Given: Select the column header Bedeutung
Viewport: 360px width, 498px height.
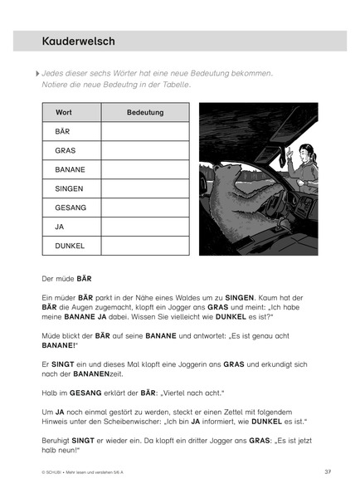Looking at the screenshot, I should (x=145, y=112).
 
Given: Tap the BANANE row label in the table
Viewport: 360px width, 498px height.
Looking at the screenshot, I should (x=71, y=169).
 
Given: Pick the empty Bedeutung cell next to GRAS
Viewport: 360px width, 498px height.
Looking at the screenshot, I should (x=145, y=150).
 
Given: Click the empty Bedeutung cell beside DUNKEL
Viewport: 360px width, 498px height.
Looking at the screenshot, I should (x=145, y=246).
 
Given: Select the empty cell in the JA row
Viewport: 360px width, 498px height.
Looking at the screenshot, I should (x=145, y=227).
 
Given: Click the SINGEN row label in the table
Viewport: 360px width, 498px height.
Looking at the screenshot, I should (x=69, y=188).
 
